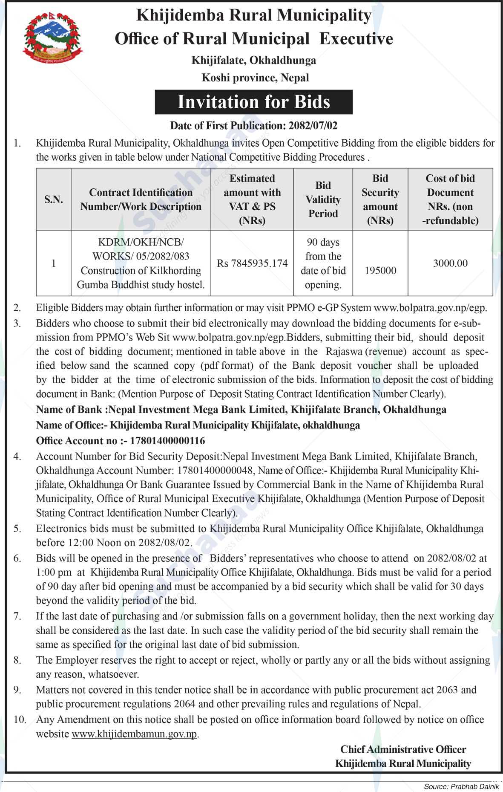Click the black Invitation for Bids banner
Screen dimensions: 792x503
(253, 102)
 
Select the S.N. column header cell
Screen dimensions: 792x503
(54, 199)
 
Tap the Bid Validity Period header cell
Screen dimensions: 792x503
(323, 199)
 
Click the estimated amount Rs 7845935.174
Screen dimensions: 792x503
(252, 263)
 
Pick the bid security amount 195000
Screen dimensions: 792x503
(380, 271)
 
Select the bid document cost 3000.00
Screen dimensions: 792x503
(450, 263)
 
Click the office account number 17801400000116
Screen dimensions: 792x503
(167, 440)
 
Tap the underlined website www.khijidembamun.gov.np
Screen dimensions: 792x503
(134, 734)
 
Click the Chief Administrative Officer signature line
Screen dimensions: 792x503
(403, 749)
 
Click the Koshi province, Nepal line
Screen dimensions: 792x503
(255, 78)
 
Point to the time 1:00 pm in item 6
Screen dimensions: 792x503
(53, 572)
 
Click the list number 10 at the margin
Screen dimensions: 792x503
(20, 720)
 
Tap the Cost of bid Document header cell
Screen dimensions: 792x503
(450, 199)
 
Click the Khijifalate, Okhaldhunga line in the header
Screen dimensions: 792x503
(253, 60)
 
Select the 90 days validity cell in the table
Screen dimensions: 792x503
(323, 263)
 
